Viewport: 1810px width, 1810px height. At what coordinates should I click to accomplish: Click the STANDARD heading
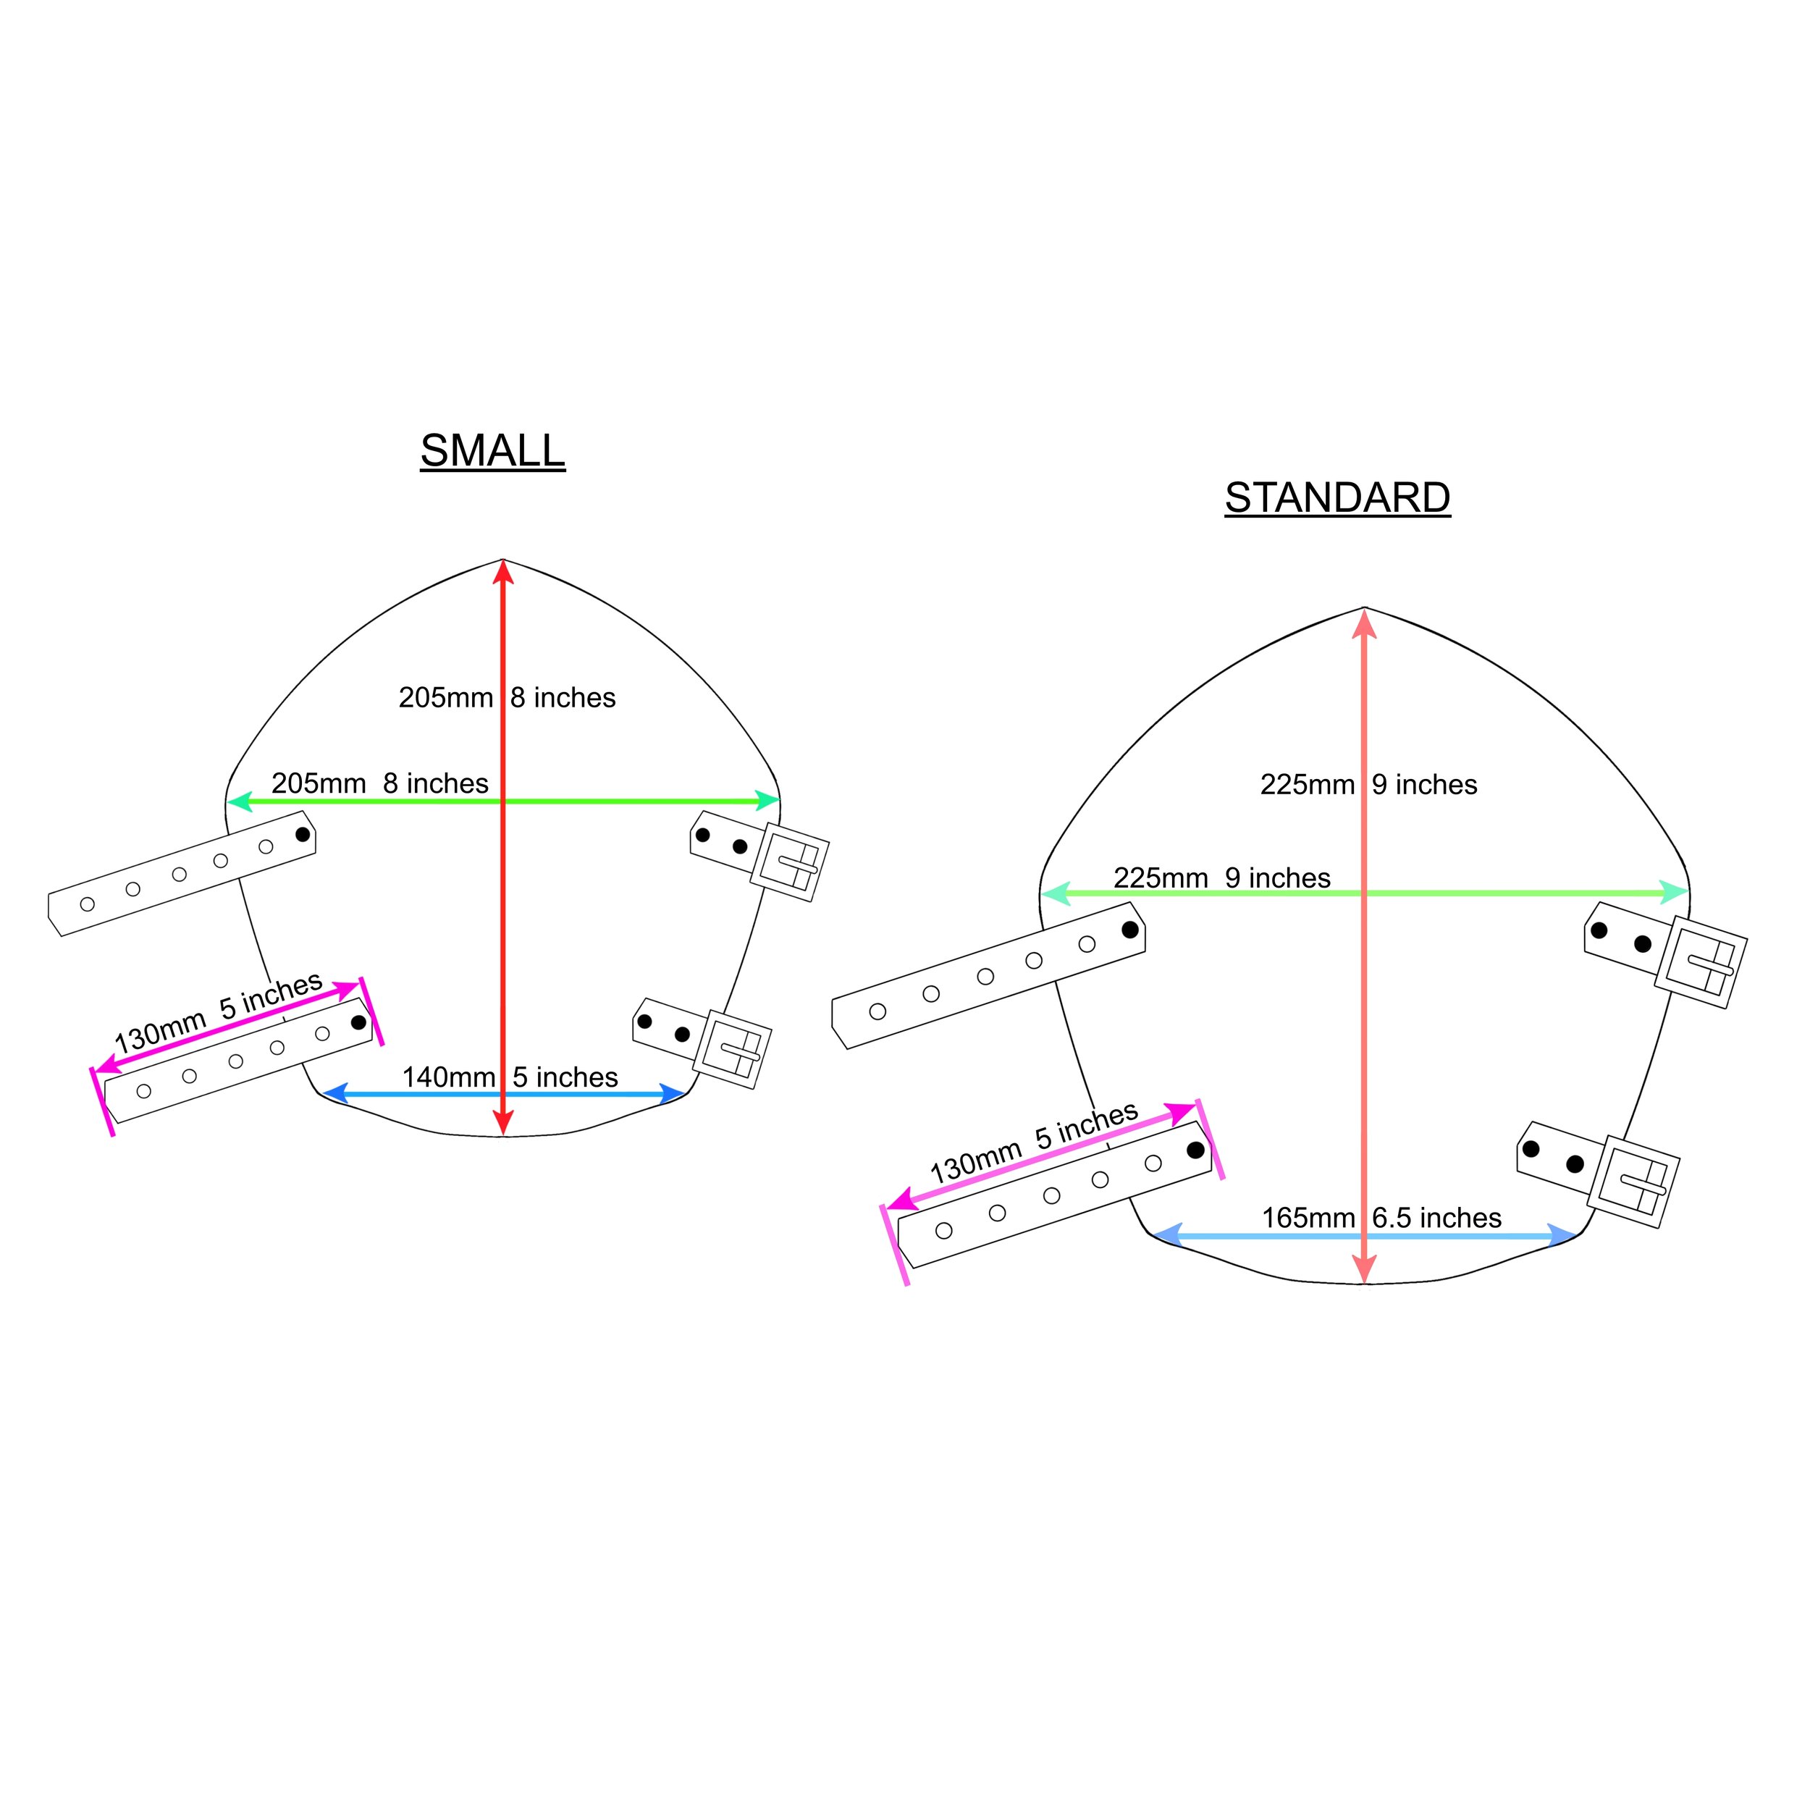click(1337, 498)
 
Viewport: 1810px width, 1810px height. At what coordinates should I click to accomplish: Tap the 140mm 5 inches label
click(510, 1077)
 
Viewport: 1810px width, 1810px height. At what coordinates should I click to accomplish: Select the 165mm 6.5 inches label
click(1381, 1218)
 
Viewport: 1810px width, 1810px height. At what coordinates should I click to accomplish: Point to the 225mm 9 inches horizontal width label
click(1221, 877)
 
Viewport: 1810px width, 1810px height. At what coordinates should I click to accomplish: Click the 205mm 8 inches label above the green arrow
click(379, 783)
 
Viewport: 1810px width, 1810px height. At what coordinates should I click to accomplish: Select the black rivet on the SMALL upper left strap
click(303, 834)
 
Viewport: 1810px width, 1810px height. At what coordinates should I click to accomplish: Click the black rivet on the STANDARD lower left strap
click(1195, 1150)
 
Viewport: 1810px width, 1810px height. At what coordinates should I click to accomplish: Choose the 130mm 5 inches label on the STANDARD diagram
click(1033, 1142)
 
